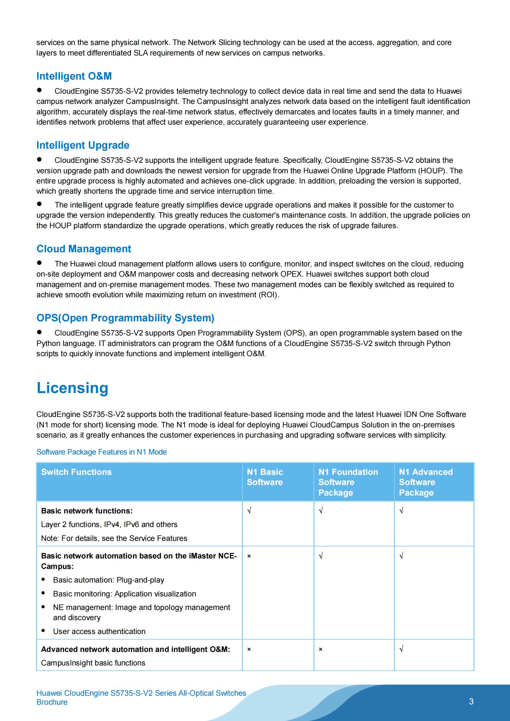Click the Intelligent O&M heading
click(74, 76)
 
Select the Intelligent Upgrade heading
click(83, 145)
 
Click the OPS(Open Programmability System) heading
click(125, 318)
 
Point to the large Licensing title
click(72, 388)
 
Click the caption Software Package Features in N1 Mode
click(102, 452)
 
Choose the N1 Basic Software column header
click(265, 477)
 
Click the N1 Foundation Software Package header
click(348, 482)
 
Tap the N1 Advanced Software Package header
click(426, 482)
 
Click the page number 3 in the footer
click(471, 702)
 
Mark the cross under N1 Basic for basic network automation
click(249, 556)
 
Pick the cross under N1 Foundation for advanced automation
click(321, 649)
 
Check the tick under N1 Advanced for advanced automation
click(401, 649)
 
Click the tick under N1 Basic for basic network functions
click(249, 511)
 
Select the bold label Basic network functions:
click(87, 511)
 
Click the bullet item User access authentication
click(99, 632)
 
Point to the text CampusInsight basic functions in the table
click(93, 663)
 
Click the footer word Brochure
click(52, 702)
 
